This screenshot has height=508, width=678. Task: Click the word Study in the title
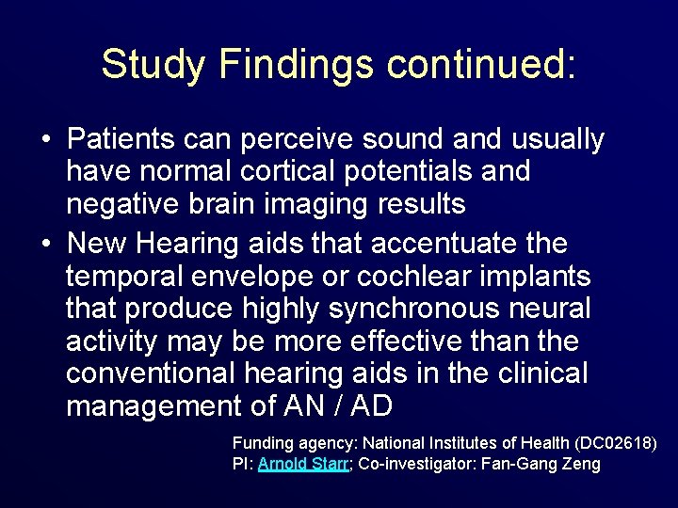(x=153, y=64)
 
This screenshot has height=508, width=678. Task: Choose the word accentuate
(x=440, y=245)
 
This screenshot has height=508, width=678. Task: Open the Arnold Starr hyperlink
(x=304, y=464)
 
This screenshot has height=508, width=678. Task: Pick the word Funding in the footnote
(x=261, y=442)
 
